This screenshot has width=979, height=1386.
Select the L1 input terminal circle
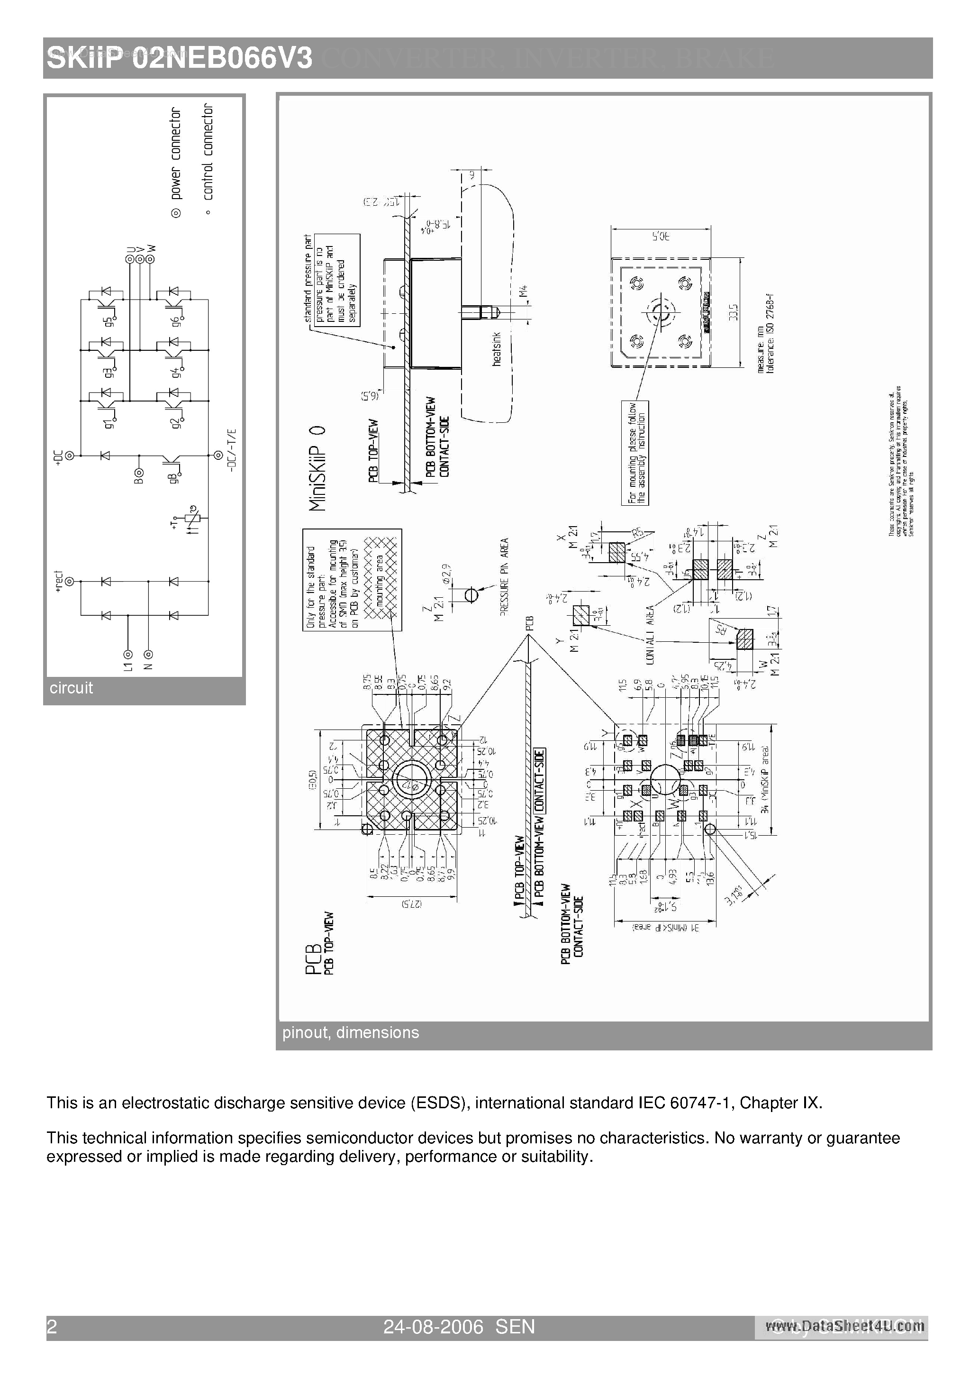[128, 654]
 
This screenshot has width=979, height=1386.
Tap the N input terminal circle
[148, 654]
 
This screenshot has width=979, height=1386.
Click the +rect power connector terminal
[70, 581]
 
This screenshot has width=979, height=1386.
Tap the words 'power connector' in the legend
[176, 154]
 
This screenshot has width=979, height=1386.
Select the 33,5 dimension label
[734, 312]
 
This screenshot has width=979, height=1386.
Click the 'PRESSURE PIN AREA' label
[505, 576]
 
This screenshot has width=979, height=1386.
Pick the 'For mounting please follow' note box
[635, 453]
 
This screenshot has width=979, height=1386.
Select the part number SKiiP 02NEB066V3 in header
[179, 59]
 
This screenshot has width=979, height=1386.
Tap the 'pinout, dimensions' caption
[350, 1032]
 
